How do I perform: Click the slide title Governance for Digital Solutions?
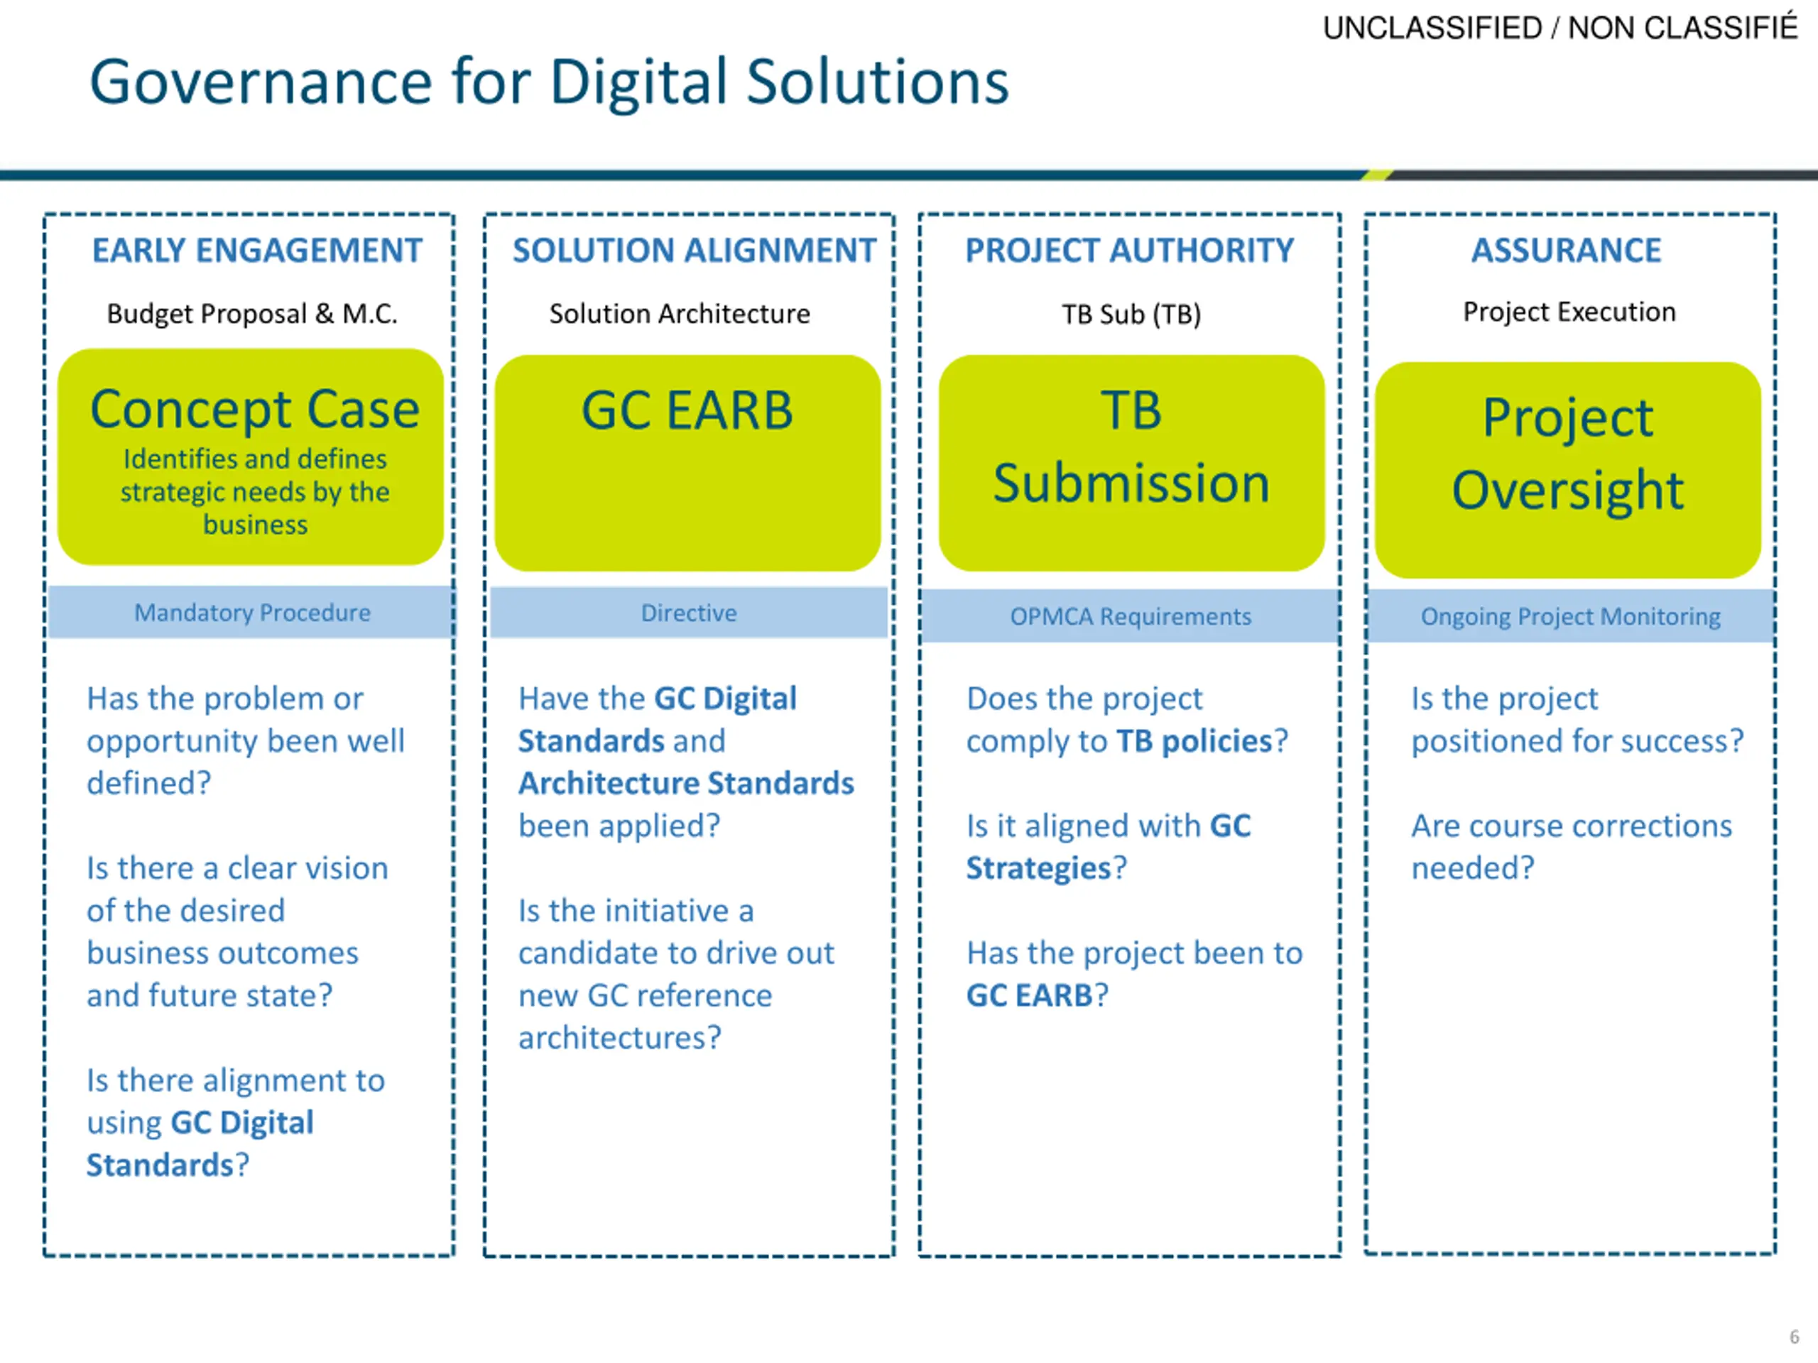pyautogui.click(x=548, y=82)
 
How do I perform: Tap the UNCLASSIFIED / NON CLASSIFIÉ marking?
pyautogui.click(x=1559, y=28)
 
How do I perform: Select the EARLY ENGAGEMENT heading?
pyautogui.click(x=256, y=251)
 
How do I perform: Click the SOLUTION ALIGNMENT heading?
pyautogui.click(x=694, y=251)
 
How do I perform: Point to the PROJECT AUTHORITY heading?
pyautogui.click(x=1129, y=251)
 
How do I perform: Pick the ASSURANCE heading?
pyautogui.click(x=1566, y=251)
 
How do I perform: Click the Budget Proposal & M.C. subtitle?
pyautogui.click(x=251, y=314)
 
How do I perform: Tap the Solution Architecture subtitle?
pyautogui.click(x=679, y=314)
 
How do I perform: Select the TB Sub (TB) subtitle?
pyautogui.click(x=1131, y=314)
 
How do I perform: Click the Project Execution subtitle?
pyautogui.click(x=1569, y=312)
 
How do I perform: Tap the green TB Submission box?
pyautogui.click(x=1131, y=463)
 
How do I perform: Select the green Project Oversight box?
pyautogui.click(x=1567, y=470)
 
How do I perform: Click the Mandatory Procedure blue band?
pyautogui.click(x=251, y=613)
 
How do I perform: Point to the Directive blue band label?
pyautogui.click(x=689, y=613)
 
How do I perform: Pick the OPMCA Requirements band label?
pyautogui.click(x=1130, y=616)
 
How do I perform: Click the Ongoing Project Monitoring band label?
pyautogui.click(x=1569, y=616)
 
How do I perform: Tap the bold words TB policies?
pyautogui.click(x=1193, y=741)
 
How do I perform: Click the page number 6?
pyautogui.click(x=1793, y=1337)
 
